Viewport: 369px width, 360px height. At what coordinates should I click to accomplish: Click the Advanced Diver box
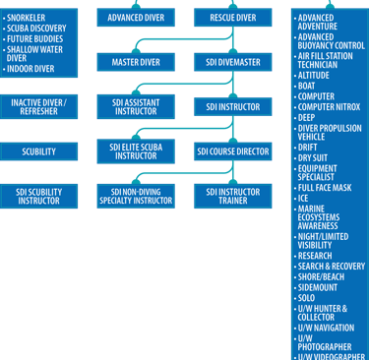tap(136, 18)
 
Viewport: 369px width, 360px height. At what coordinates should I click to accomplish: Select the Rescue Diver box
tap(232, 18)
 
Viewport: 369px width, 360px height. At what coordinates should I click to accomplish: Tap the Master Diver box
tap(136, 62)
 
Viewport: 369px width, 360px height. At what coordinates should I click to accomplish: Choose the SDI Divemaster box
tap(232, 62)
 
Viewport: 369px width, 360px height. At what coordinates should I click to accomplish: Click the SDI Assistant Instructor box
tap(136, 106)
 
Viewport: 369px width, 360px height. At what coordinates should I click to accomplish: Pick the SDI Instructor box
tap(232, 106)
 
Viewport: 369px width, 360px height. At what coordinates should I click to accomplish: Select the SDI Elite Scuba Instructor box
tap(136, 150)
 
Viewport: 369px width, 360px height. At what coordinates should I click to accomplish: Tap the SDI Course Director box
tap(232, 151)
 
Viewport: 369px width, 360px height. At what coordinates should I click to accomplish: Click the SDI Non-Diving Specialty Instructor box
tap(136, 196)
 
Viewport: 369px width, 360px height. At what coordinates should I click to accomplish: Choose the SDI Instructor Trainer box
tap(232, 196)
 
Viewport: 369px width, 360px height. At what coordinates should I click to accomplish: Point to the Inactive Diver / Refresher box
tap(39, 106)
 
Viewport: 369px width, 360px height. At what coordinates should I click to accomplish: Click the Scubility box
tap(39, 151)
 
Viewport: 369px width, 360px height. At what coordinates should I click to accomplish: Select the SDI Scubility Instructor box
tap(39, 196)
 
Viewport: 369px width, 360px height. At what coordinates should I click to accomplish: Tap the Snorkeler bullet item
tap(32, 17)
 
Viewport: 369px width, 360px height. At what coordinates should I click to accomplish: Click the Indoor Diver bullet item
tap(33, 69)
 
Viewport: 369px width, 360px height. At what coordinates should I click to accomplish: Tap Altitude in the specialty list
tap(316, 74)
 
